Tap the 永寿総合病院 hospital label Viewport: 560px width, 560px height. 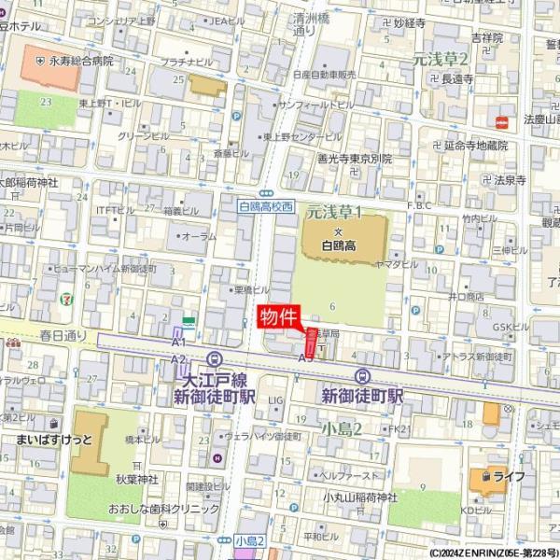(81, 61)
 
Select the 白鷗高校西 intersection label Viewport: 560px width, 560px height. (265, 205)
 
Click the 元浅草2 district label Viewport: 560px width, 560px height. (440, 59)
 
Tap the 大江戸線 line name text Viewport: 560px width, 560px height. (215, 380)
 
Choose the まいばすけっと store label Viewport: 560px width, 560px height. (55, 438)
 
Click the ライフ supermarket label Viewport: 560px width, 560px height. (509, 476)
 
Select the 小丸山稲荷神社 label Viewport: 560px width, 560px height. (353, 497)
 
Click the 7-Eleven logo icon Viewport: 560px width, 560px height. (64, 301)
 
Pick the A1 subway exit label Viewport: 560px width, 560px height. (178, 343)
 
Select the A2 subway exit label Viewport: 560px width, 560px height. (178, 358)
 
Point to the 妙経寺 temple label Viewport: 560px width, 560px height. (409, 22)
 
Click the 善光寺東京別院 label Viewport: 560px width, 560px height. (354, 159)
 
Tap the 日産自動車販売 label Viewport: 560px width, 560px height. (324, 74)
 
